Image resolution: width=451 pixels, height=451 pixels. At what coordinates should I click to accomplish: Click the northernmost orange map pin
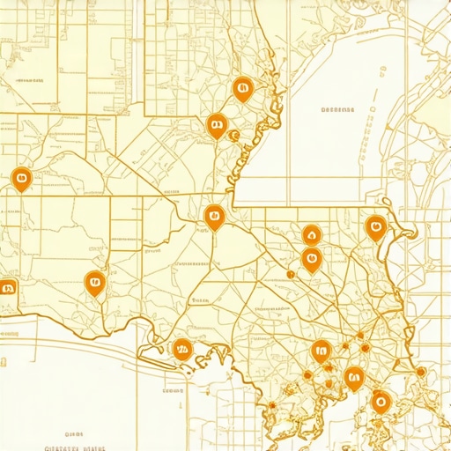coord(242,87)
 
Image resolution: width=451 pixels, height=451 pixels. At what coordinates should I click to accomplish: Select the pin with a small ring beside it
coord(214,125)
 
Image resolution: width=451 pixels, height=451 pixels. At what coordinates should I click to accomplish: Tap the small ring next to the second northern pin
coord(233,136)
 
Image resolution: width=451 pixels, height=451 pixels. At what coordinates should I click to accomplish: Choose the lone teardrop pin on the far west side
coord(21,179)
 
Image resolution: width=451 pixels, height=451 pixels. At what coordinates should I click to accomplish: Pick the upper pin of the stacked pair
coord(311,234)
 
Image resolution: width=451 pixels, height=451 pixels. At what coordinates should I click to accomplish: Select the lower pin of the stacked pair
coord(310,259)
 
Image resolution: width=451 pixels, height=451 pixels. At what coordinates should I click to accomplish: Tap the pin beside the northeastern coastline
coord(376,227)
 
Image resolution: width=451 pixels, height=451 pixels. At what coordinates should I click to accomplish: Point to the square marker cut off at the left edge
coord(7,286)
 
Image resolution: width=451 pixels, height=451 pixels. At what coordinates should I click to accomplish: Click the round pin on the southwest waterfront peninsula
coord(182,348)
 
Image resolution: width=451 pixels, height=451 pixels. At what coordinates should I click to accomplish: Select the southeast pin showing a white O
coord(381,402)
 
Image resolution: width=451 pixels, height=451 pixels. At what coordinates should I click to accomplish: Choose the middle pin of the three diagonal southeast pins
coord(354,378)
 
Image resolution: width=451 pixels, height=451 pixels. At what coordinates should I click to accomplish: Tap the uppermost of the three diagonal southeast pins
coord(322,351)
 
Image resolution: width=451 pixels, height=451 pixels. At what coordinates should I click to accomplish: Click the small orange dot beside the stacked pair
coord(290,274)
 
